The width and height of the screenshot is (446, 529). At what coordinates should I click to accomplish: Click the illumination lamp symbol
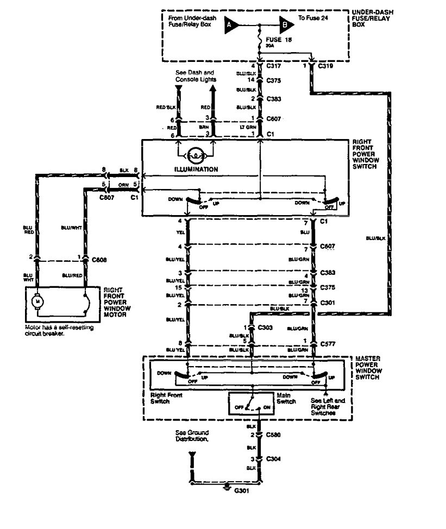click(196, 155)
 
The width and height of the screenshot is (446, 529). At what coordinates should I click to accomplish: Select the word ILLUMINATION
click(196, 169)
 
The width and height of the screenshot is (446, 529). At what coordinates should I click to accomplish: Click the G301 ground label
click(242, 490)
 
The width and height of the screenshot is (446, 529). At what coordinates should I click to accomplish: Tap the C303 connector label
click(266, 328)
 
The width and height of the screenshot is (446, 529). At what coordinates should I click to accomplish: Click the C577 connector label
click(328, 343)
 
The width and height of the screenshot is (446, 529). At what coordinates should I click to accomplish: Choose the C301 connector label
click(328, 301)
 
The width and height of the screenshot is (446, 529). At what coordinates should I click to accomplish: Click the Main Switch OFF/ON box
click(252, 405)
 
